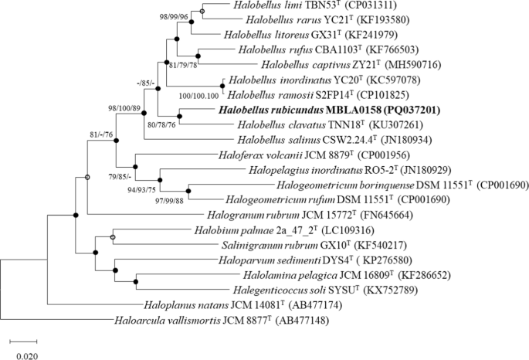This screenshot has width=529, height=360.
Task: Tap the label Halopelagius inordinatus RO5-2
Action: coord(300,168)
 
